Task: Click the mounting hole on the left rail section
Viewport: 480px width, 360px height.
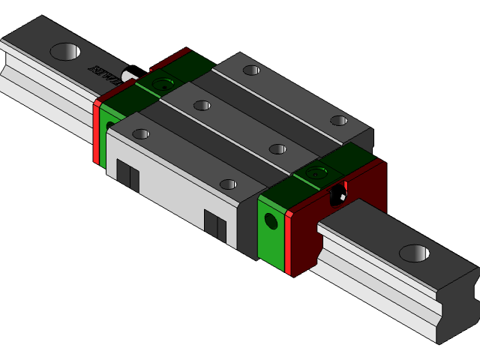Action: click(x=65, y=52)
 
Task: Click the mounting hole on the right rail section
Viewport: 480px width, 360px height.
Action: click(x=414, y=253)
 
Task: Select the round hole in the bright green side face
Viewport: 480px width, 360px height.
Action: click(x=271, y=221)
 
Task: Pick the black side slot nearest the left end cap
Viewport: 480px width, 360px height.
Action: click(x=128, y=178)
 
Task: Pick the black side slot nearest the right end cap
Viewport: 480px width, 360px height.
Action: click(x=215, y=225)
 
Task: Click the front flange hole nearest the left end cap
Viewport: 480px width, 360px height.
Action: click(x=141, y=134)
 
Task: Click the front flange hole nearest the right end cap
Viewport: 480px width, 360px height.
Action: click(x=228, y=184)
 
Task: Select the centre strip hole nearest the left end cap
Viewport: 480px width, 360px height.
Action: click(x=202, y=105)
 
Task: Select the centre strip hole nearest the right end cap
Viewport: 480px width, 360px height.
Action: click(x=278, y=148)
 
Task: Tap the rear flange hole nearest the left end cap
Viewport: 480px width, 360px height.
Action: click(x=252, y=70)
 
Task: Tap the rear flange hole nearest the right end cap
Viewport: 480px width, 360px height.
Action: click(x=339, y=120)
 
